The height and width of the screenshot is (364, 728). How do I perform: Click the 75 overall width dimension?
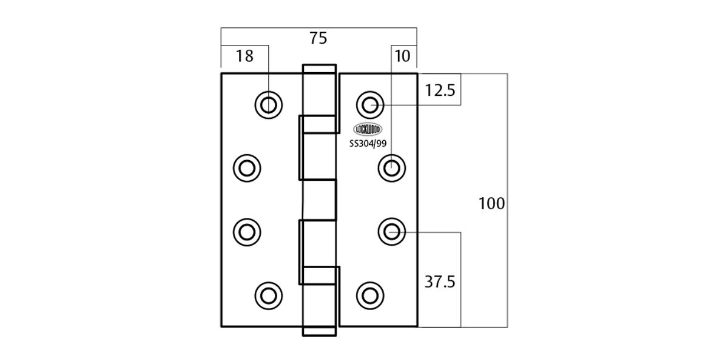point(318,38)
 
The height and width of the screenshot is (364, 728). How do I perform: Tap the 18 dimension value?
point(244,56)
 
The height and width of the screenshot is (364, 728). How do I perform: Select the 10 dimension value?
point(402,56)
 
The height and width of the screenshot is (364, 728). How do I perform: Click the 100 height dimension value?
point(491,204)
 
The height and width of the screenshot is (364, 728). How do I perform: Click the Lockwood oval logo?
point(368,129)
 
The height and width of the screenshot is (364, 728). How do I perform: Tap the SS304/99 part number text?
point(368,143)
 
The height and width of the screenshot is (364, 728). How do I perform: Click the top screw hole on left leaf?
point(268,105)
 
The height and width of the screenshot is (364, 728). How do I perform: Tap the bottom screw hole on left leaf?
point(268,295)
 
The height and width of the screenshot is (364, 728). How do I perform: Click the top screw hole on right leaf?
point(370,105)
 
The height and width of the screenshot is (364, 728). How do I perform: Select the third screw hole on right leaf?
point(392,231)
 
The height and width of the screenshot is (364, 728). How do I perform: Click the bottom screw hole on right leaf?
point(370,295)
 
